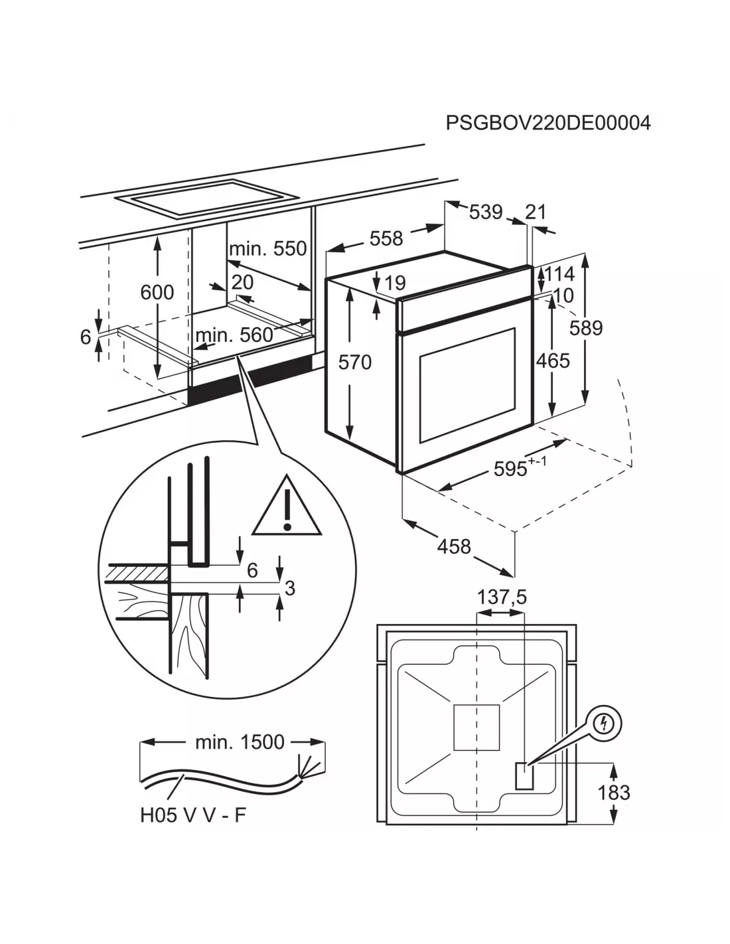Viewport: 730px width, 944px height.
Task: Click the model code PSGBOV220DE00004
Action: click(x=547, y=123)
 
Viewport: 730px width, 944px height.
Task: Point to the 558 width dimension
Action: click(x=386, y=238)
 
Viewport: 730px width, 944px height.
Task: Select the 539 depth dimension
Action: click(x=486, y=212)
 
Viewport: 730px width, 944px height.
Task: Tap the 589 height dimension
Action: click(x=586, y=327)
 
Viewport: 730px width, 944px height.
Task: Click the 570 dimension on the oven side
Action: click(x=355, y=362)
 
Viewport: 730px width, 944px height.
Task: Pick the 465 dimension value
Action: click(x=553, y=360)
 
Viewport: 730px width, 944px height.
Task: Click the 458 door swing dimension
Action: click(x=454, y=546)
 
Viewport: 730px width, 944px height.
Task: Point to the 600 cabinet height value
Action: click(x=157, y=292)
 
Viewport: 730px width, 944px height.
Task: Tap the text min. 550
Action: click(x=267, y=248)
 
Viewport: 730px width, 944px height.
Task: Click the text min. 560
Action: click(x=234, y=335)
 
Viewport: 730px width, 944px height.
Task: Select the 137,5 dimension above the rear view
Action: click(x=502, y=597)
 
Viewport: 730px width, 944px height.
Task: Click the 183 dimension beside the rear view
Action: click(x=614, y=792)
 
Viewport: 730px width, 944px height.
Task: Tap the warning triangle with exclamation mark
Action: click(x=287, y=508)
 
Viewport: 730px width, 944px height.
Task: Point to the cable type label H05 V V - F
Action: click(x=192, y=815)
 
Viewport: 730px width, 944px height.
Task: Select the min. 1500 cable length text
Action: click(x=239, y=742)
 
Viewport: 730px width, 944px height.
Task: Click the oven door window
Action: click(x=467, y=385)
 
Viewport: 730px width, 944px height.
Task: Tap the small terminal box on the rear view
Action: click(x=524, y=775)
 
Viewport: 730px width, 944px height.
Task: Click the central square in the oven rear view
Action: click(x=475, y=727)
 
